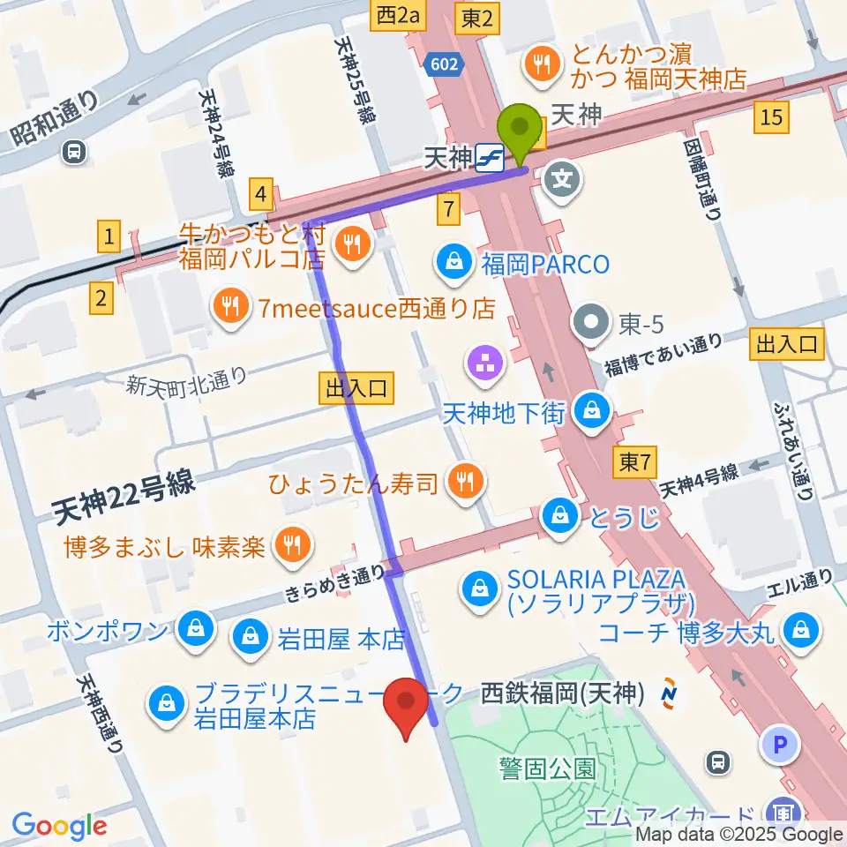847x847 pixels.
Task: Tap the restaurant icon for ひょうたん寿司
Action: tap(463, 480)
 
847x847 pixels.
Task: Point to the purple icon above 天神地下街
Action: tap(485, 363)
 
